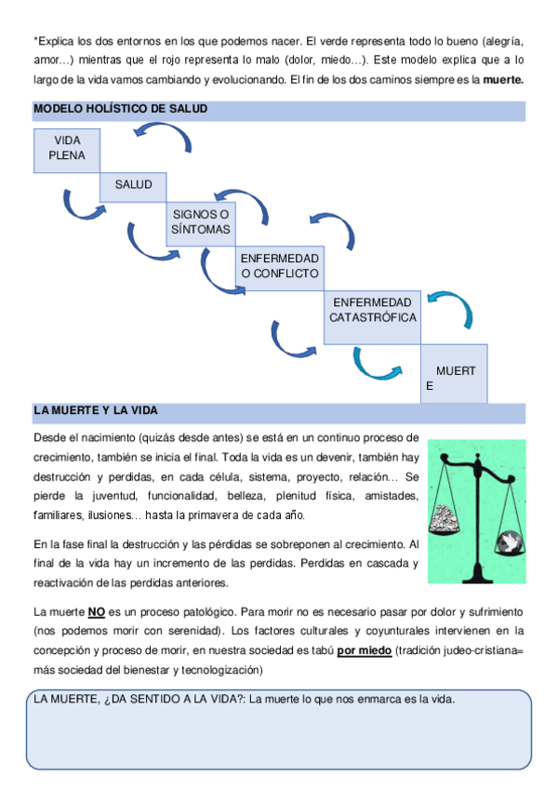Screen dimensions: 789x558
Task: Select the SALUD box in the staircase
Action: click(133, 186)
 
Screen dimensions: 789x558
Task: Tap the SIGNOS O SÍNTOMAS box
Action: click(200, 223)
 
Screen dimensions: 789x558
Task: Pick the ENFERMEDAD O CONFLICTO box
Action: click(279, 266)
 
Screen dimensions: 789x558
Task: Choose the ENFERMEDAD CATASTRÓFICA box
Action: click(372, 311)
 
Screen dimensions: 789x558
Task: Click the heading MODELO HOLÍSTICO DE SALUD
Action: click(120, 110)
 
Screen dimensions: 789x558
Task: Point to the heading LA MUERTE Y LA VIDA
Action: click(96, 410)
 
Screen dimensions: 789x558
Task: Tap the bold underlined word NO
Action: click(97, 613)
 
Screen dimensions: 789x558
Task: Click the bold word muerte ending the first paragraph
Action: click(503, 80)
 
